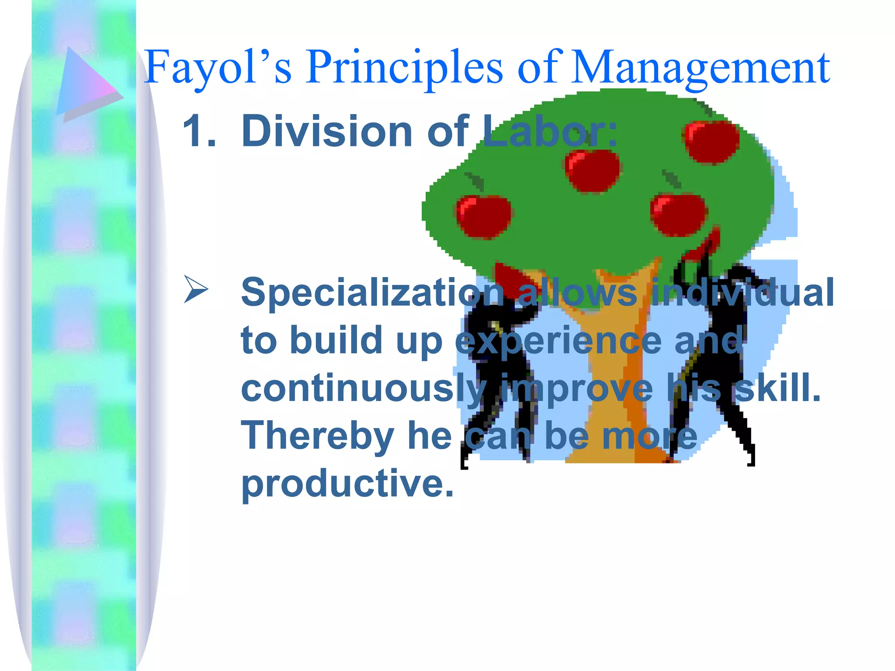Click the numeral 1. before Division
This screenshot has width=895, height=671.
coord(199,131)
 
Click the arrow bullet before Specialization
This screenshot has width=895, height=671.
coord(195,289)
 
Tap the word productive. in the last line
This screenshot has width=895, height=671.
coord(347,484)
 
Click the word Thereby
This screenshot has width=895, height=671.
coord(318,435)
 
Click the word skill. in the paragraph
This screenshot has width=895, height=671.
coord(778,388)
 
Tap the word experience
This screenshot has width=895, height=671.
coord(558,340)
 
